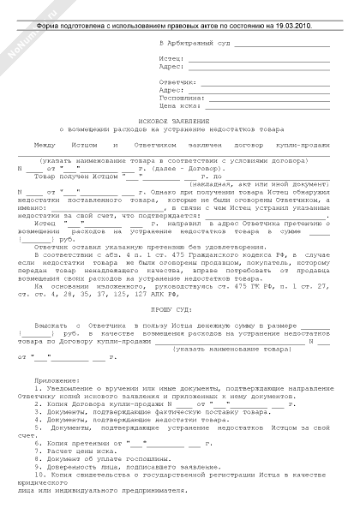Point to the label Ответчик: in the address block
(x=177, y=81)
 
